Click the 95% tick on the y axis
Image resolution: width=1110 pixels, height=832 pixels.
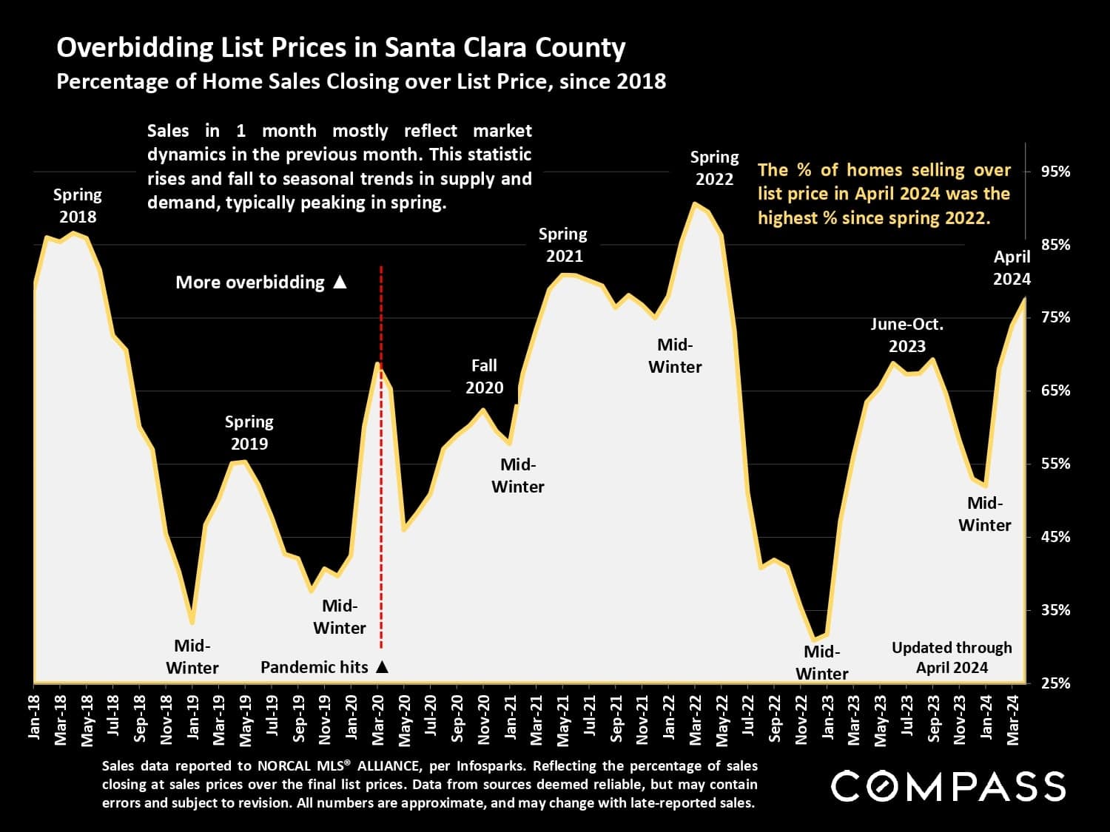click(x=1054, y=172)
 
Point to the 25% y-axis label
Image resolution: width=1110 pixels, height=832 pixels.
click(x=1054, y=683)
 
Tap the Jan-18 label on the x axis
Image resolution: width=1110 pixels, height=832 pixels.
click(x=34, y=717)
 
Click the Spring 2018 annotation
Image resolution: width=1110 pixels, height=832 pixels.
click(x=78, y=206)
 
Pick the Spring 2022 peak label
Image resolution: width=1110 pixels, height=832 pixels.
click(x=714, y=168)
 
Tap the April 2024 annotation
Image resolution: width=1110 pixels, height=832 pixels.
click(x=1012, y=268)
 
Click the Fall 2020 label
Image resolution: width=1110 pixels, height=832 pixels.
click(x=484, y=376)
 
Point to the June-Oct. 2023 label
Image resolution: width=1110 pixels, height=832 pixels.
click(x=906, y=335)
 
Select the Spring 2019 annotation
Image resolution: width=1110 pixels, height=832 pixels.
click(x=249, y=433)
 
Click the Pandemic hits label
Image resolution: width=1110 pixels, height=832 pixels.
click(x=314, y=667)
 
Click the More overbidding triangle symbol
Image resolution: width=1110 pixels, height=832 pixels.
click(x=340, y=282)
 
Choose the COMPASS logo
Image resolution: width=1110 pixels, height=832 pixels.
click(x=948, y=786)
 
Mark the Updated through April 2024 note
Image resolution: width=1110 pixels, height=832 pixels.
click(x=952, y=657)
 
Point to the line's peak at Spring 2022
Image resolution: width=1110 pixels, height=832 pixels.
click(x=696, y=203)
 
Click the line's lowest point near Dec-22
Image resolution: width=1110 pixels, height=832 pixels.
click(x=814, y=638)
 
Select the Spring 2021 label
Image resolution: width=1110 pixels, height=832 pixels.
click(x=563, y=245)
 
